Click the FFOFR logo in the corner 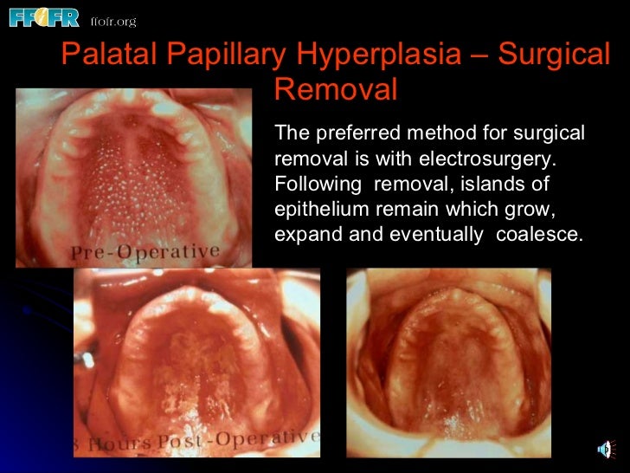click(x=42, y=16)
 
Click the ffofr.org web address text click(x=112, y=20)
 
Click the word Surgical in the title click(x=556, y=55)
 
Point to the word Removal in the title click(x=336, y=89)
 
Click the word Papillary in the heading click(x=227, y=55)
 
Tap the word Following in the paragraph click(x=312, y=185)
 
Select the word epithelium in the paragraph click(x=317, y=211)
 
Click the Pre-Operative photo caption click(x=145, y=251)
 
